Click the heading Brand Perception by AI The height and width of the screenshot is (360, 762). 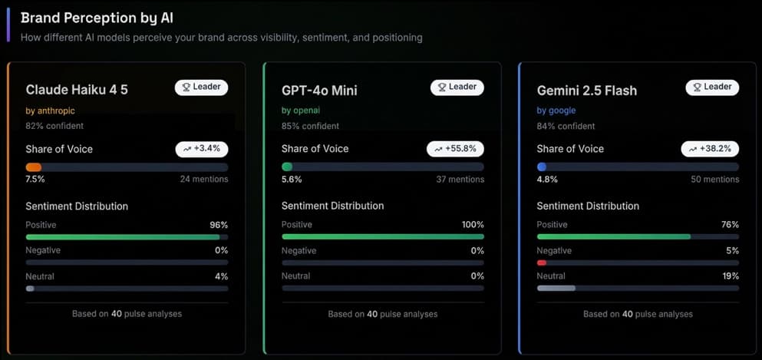pyautogui.click(x=97, y=18)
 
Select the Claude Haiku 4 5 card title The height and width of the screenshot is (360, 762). pyautogui.click(x=77, y=90)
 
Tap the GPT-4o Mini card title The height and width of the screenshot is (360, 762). pyautogui.click(x=319, y=90)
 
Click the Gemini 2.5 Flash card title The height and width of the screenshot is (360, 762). pyautogui.click(x=587, y=90)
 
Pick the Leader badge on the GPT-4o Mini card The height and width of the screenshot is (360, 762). pyautogui.click(x=457, y=88)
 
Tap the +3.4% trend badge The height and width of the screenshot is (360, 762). pyautogui.click(x=202, y=149)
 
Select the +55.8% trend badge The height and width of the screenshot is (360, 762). pyautogui.click(x=455, y=149)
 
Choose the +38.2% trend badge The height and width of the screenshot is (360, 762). pyautogui.click(x=710, y=149)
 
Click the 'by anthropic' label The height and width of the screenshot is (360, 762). pyautogui.click(x=50, y=111)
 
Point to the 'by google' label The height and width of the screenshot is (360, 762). pyautogui.click(x=556, y=111)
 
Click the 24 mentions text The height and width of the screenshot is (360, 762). pyautogui.click(x=204, y=180)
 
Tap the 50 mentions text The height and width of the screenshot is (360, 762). pyautogui.click(x=715, y=180)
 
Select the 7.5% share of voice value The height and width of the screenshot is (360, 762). pyautogui.click(x=35, y=180)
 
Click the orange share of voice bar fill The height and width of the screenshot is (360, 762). pyautogui.click(x=34, y=167)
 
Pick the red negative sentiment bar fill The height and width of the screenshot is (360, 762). pyautogui.click(x=542, y=263)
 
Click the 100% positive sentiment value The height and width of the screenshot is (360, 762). pyautogui.click(x=473, y=225)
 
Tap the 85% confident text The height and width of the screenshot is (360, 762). pyautogui.click(x=310, y=126)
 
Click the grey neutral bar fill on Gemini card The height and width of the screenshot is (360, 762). pyautogui.click(x=556, y=288)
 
